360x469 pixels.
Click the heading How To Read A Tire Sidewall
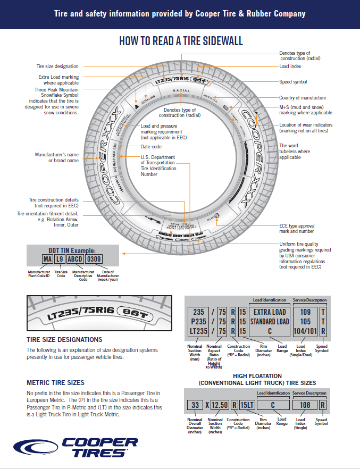click(181, 41)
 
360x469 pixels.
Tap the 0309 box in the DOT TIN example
click(94, 259)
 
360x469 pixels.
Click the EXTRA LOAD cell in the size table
click(269, 312)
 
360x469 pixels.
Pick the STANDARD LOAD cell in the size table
click(269, 321)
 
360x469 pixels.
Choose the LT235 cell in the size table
click(198, 331)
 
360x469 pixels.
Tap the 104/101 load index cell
click(304, 331)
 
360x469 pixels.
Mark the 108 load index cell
click(304, 405)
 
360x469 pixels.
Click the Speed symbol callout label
click(293, 82)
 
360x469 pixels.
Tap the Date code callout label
click(151, 146)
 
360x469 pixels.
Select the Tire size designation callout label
click(57, 66)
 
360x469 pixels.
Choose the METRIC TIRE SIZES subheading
click(55, 382)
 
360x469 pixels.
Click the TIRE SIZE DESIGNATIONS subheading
click(64, 339)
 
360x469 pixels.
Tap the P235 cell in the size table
click(198, 321)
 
